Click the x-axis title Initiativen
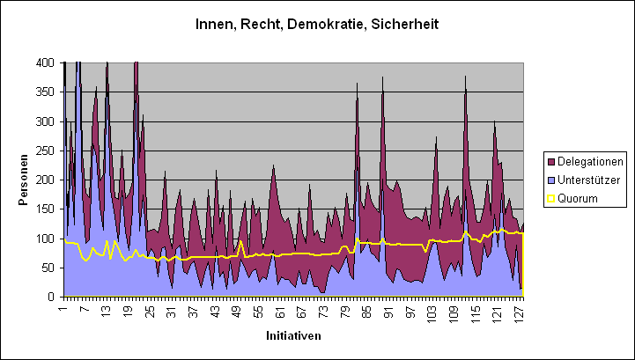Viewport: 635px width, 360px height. coord(293,336)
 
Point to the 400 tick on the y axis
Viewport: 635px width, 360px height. coord(44,63)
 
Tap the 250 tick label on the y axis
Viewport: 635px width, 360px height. coord(44,151)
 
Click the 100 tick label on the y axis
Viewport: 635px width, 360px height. coord(44,239)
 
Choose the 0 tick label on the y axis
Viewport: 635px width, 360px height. coord(51,297)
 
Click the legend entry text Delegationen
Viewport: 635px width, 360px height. coord(591,161)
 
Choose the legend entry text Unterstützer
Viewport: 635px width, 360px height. coord(590,180)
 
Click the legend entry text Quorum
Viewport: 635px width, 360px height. coord(579,199)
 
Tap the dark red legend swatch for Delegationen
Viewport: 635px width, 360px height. coord(551,161)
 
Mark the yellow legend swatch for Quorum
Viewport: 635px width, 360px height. coord(551,199)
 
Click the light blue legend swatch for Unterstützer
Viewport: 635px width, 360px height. coord(551,180)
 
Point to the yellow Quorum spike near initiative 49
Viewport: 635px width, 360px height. coord(240,241)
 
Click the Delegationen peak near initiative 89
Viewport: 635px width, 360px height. coord(382,79)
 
